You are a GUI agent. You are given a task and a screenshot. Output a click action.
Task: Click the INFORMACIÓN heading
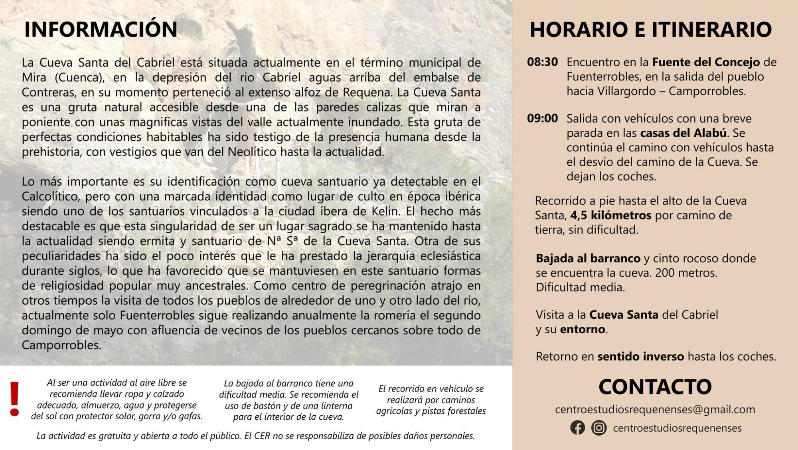pyautogui.click(x=101, y=29)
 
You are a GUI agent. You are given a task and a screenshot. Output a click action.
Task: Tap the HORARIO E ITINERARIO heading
pyautogui.click(x=650, y=29)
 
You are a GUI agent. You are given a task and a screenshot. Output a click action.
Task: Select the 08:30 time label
pyautogui.click(x=542, y=62)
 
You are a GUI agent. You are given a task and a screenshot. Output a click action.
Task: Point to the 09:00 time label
pyautogui.click(x=542, y=118)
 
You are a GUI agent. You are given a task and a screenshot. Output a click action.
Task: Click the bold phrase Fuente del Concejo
pyautogui.click(x=706, y=62)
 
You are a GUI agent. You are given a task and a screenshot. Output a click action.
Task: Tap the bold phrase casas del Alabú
pyautogui.click(x=683, y=133)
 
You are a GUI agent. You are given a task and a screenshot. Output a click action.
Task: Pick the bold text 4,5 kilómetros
pyautogui.click(x=610, y=216)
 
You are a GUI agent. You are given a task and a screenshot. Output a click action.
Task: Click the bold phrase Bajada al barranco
pyautogui.click(x=588, y=259)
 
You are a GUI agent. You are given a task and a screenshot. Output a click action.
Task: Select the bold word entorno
pyautogui.click(x=583, y=330)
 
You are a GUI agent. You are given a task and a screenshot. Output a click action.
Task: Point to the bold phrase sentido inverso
pyautogui.click(x=640, y=357)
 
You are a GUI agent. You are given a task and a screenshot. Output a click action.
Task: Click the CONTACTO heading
pyautogui.click(x=655, y=387)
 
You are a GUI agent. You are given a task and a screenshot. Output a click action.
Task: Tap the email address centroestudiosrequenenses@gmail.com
pyautogui.click(x=655, y=410)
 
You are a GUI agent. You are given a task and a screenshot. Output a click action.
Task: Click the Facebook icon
pyautogui.click(x=577, y=428)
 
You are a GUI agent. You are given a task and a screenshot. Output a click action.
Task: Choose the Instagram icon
pyautogui.click(x=598, y=428)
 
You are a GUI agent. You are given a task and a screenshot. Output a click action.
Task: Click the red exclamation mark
pyautogui.click(x=15, y=399)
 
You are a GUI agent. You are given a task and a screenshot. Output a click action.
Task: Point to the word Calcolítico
pyautogui.click(x=49, y=197)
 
